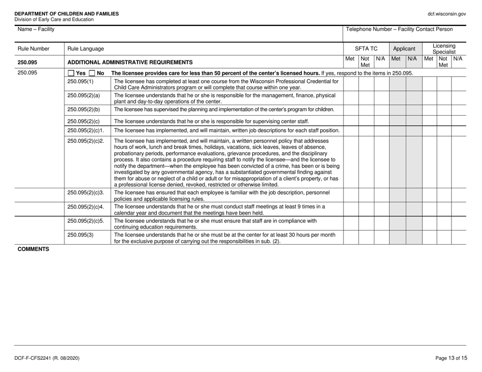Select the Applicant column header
tap(405, 49)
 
